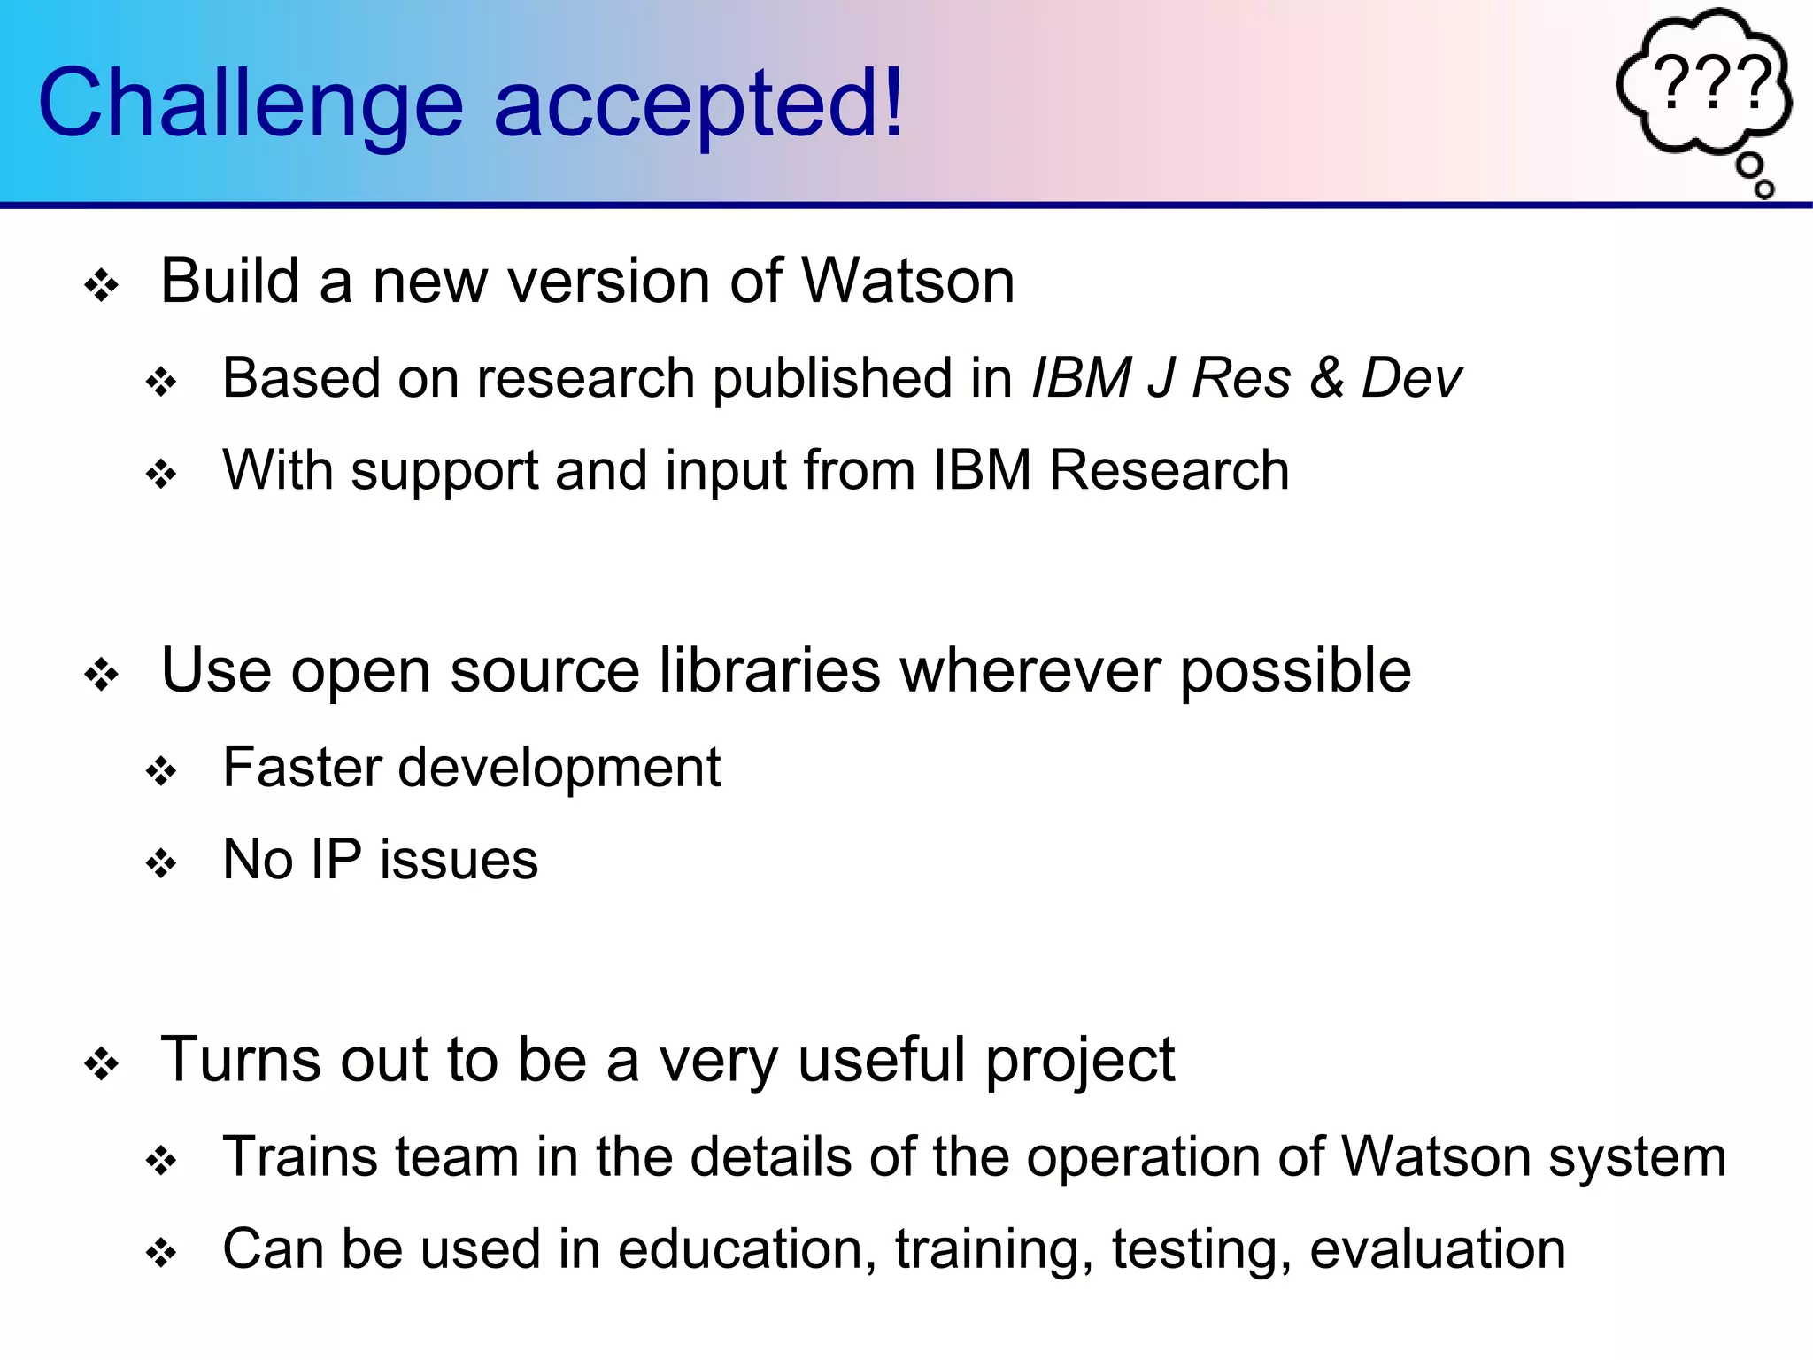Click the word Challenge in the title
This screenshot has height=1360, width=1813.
250,104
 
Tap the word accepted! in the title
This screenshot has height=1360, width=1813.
698,104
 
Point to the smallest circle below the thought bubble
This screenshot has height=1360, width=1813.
1764,189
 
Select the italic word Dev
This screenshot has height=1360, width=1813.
1411,379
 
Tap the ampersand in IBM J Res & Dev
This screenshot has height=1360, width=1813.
1326,379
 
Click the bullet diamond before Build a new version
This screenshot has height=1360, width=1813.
101,286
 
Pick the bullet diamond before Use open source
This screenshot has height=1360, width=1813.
101,676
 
